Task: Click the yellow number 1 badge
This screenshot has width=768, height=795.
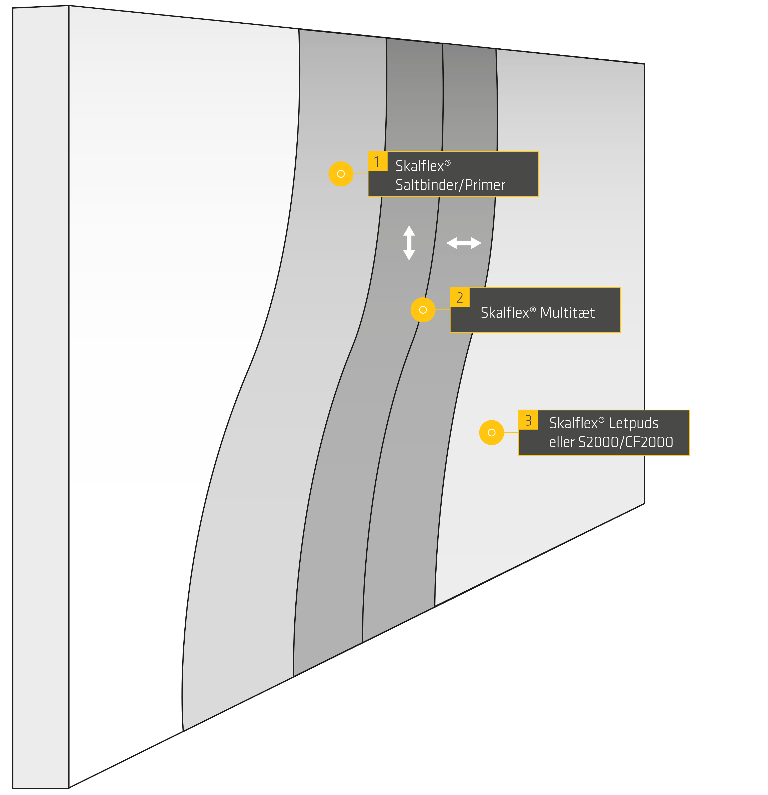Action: point(377,161)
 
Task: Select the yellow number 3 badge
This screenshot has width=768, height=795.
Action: point(528,420)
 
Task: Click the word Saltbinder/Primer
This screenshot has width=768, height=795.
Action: point(450,185)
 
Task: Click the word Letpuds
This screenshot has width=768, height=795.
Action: point(633,423)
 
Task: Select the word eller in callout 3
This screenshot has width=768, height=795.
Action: point(562,442)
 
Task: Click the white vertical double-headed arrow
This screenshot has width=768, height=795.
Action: point(409,243)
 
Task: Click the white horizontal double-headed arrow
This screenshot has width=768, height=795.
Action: point(464,243)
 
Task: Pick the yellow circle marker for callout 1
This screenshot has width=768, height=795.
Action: point(341,174)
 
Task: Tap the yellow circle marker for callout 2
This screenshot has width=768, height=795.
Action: point(423,310)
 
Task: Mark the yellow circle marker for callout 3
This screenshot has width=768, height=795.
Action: point(491,432)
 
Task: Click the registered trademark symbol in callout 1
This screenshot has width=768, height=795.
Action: point(447,163)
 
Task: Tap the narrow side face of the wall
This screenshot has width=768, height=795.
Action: point(41,397)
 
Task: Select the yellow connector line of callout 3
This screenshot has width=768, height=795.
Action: point(511,432)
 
